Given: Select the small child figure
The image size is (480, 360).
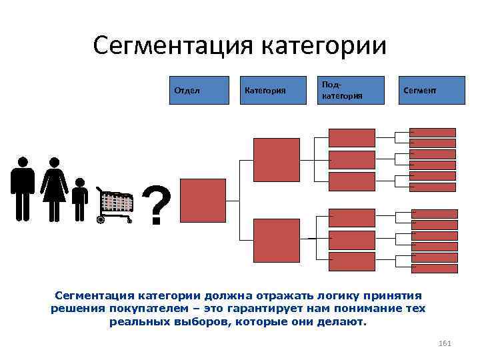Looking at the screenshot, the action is tap(80, 199).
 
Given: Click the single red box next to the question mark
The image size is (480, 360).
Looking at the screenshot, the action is tap(203, 199).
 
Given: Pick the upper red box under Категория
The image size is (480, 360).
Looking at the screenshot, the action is tap(271, 159).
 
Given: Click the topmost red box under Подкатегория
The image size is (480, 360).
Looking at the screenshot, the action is tap(352, 137).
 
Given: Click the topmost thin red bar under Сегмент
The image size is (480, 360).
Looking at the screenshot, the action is tap(433, 132).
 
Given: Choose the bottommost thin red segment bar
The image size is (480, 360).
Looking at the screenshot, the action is tap(435, 269).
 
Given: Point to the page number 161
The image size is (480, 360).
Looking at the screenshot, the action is tap(446, 343).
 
